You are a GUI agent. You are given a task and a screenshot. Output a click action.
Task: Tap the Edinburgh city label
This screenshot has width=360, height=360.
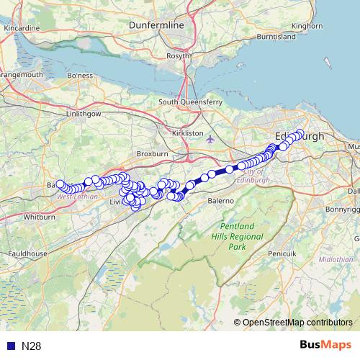pos(300,137)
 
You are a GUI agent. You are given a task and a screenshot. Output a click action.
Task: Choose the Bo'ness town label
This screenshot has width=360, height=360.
pos(80,75)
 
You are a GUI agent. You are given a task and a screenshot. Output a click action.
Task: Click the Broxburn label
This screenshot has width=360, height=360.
pos(152,154)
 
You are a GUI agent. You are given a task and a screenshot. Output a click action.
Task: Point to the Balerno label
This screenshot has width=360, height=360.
pos(222,199)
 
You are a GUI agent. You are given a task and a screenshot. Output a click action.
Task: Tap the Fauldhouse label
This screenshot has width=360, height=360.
pos(24,253)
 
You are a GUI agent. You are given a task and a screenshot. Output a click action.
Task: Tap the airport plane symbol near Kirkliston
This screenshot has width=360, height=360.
pos(210,139)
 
